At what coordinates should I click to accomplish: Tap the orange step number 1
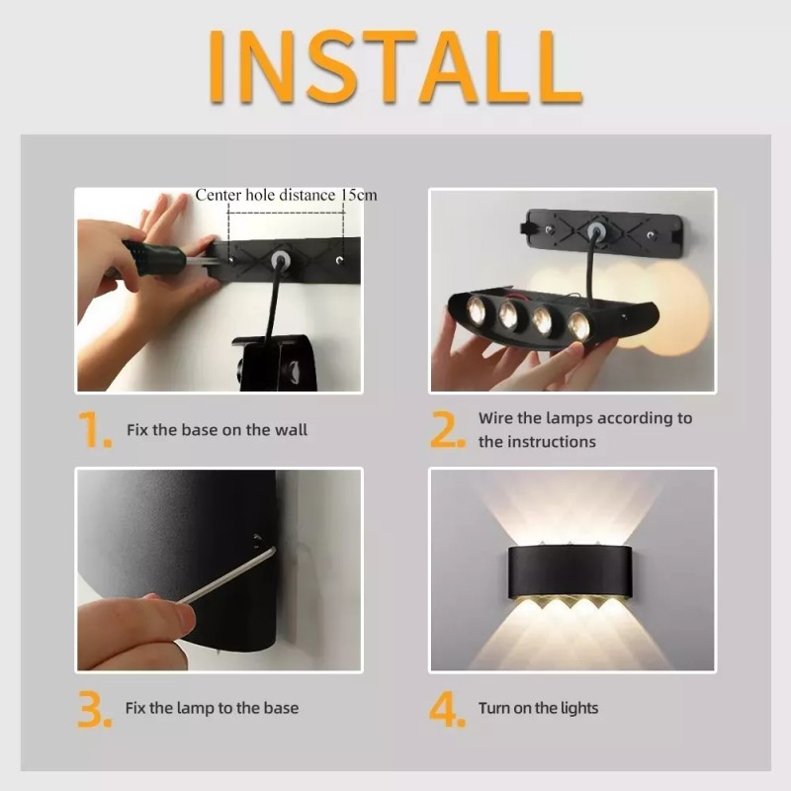click(x=96, y=430)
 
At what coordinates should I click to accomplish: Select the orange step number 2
click(x=448, y=430)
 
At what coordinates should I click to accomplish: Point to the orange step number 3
click(x=96, y=709)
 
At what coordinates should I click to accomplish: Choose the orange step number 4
click(x=448, y=709)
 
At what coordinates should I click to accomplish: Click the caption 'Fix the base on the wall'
click(x=217, y=430)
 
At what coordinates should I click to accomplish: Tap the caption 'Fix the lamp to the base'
click(x=212, y=708)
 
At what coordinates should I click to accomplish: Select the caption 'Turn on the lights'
click(x=538, y=708)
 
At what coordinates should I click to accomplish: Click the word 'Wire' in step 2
click(x=496, y=418)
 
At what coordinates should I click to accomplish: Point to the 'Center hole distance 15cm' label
click(x=286, y=195)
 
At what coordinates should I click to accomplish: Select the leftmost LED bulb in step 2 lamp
click(x=480, y=308)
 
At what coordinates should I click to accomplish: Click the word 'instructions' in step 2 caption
click(x=552, y=442)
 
